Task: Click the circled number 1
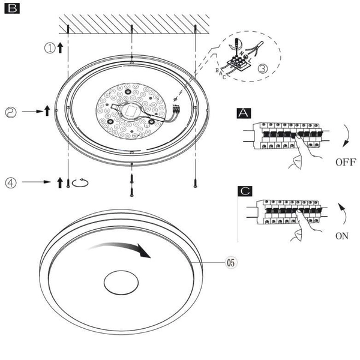tap(50, 48)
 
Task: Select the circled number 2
tap(11, 111)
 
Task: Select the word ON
tap(341, 236)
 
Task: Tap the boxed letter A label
tap(245, 113)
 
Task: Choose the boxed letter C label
tap(245, 191)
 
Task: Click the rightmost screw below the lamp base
tap(194, 182)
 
